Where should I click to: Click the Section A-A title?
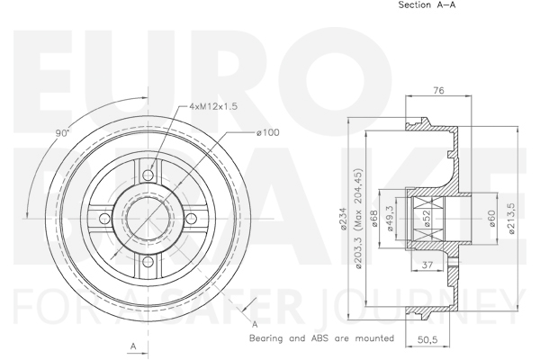pyautogui.click(x=427, y=4)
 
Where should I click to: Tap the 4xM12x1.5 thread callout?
pyautogui.click(x=213, y=106)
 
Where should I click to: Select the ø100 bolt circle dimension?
pyautogui.click(x=268, y=132)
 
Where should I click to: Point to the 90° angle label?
pyautogui.click(x=62, y=133)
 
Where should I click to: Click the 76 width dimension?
pyautogui.click(x=438, y=90)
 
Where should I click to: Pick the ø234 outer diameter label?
pyautogui.click(x=343, y=219)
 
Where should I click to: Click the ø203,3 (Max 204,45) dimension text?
pyautogui.click(x=359, y=219)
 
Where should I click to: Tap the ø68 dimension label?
pyautogui.click(x=375, y=219)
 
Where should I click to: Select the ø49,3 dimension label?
pyautogui.click(x=391, y=219)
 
